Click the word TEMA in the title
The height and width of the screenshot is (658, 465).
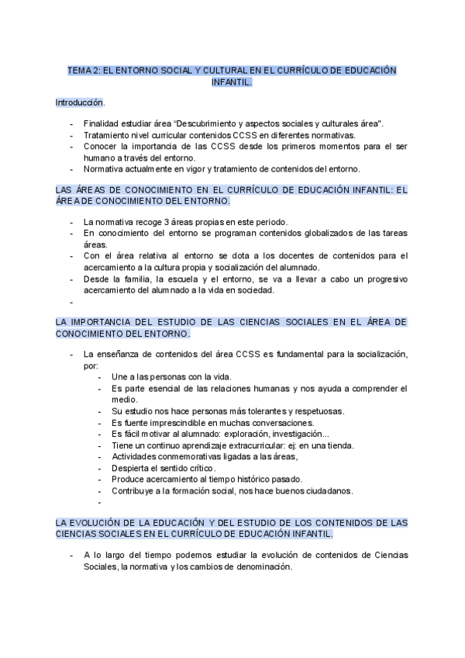[x=79, y=70]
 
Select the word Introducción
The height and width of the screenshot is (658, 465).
[x=79, y=102]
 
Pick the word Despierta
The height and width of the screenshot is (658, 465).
[x=132, y=468]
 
